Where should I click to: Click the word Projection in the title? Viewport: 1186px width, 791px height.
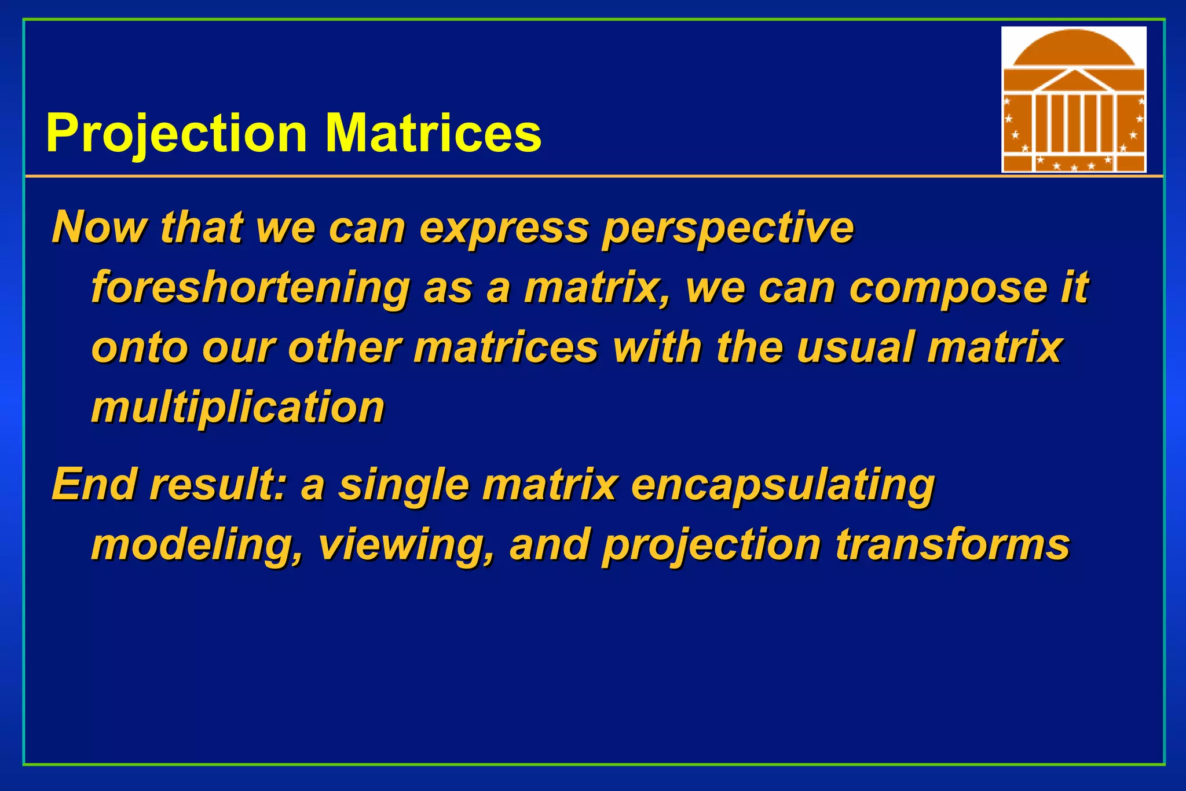176,134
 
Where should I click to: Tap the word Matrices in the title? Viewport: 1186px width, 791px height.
433,133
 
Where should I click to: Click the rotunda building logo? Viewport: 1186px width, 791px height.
1074,100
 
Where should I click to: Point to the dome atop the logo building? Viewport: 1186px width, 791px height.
1074,49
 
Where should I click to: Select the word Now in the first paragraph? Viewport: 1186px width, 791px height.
98,227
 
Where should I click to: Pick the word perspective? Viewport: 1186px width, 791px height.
728,228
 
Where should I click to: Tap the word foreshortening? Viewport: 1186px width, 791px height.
250,288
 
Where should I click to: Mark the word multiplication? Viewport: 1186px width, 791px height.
237,407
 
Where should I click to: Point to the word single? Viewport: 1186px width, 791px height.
404,485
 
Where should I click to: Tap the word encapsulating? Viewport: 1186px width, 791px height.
782,485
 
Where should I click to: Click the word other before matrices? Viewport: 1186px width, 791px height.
345,347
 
